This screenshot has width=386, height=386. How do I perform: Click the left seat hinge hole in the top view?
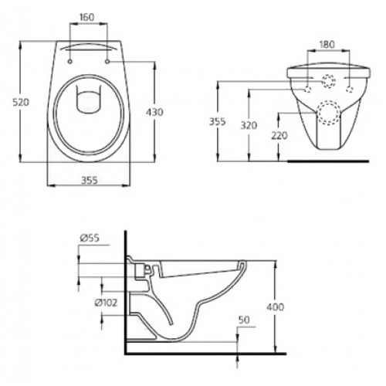[x=70, y=57]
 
